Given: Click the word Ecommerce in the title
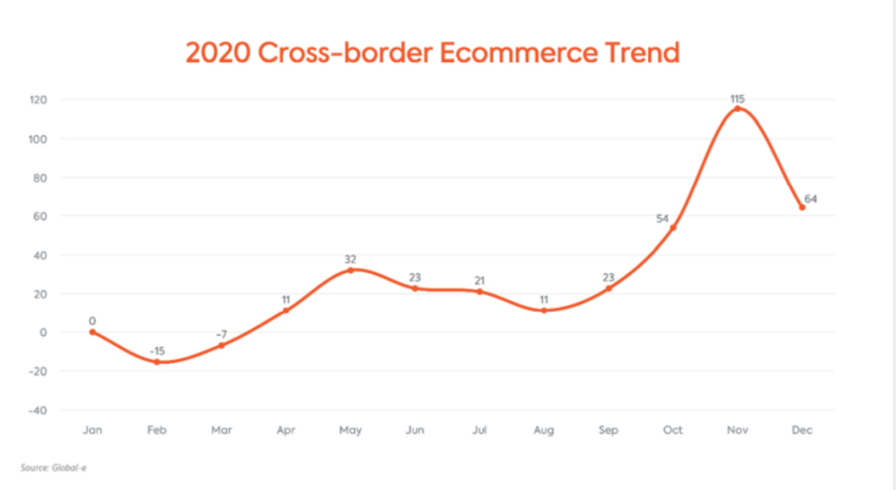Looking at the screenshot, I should point(518,53).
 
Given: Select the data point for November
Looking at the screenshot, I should point(737,109).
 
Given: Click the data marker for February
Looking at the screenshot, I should point(157,362).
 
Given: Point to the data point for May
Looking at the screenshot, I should point(350,270).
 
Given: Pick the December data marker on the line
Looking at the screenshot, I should point(802,207).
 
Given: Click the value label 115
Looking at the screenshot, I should point(737,98).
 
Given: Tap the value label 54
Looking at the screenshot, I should point(663,219).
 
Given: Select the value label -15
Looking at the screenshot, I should point(157,351).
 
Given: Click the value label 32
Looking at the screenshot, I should point(350,259).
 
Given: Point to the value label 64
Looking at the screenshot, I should point(811,199).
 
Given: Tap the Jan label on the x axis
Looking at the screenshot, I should point(92,431).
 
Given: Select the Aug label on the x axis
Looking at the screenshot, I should point(543,431).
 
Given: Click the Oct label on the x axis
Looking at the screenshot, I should point(673,431).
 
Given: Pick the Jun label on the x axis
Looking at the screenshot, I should point(415,431).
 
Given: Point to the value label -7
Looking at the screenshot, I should point(221,333).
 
